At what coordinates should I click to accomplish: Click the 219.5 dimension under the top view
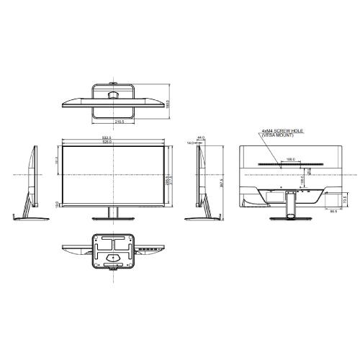tap(120, 122)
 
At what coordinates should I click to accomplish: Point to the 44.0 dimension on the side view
tap(202, 137)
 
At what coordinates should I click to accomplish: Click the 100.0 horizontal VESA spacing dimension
tap(291, 159)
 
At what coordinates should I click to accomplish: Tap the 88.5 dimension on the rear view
tap(333, 211)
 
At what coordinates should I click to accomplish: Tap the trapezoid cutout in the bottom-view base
tap(114, 254)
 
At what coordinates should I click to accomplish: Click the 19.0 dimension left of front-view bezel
tap(57, 204)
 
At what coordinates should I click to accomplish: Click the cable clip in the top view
tap(114, 93)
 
